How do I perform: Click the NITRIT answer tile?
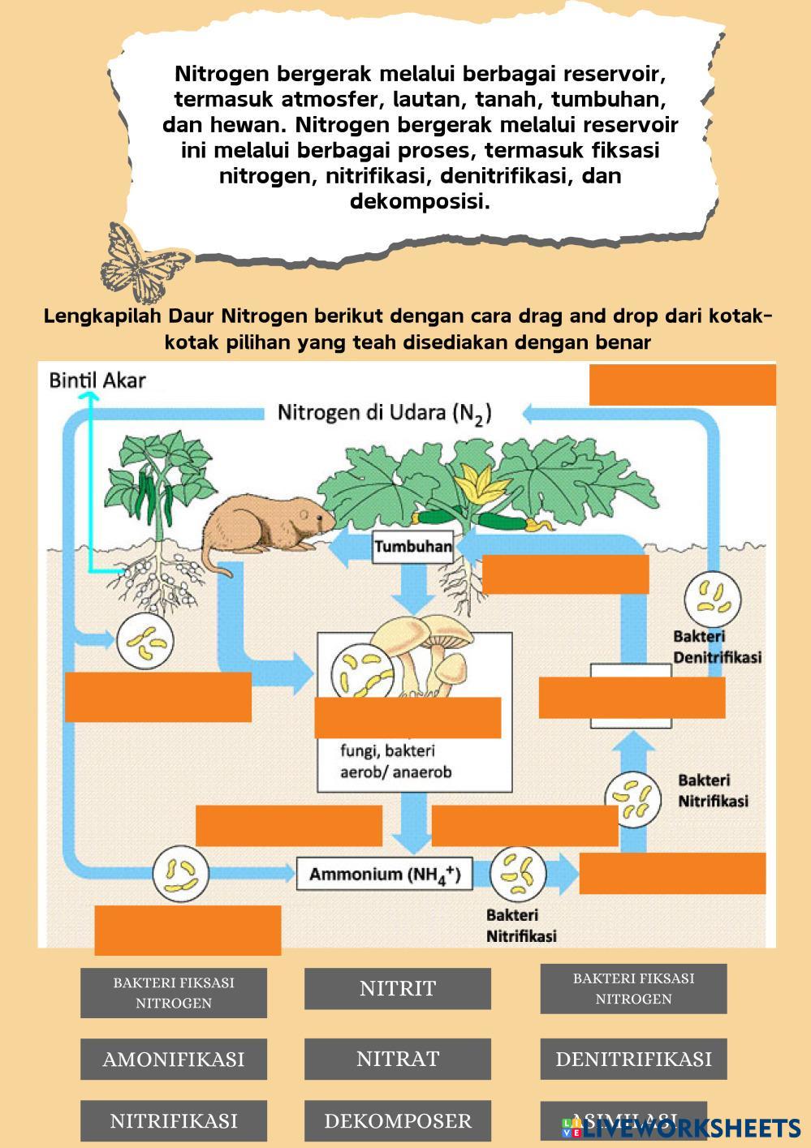397,988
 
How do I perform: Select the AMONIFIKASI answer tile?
173,1059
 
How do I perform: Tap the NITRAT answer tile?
397,1059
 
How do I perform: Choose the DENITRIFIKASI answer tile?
633,1059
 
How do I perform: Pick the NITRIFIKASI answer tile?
173,1120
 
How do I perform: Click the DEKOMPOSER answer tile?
397,1120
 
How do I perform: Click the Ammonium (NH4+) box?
384,875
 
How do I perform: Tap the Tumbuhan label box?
412,547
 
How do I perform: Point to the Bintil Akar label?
97,380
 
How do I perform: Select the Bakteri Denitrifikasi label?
717,647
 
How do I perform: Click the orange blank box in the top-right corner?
682,385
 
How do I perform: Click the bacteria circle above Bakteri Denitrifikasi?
712,598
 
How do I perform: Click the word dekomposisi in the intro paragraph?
420,201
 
